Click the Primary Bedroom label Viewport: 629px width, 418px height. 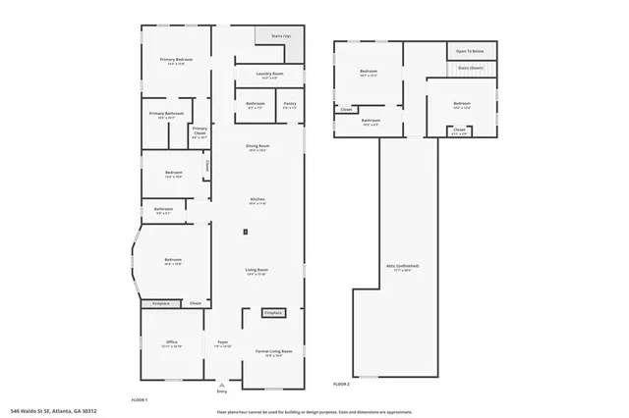[x=176, y=61]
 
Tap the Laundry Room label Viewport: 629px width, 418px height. [x=264, y=75]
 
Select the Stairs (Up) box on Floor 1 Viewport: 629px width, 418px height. [x=279, y=36]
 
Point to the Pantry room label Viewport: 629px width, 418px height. [x=289, y=104]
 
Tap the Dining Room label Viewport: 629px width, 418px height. [x=258, y=147]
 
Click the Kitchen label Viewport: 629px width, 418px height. [x=257, y=200]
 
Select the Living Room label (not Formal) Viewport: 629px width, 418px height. [x=257, y=271]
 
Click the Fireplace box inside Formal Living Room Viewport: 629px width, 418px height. [x=272, y=313]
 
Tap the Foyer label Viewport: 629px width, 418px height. [x=222, y=344]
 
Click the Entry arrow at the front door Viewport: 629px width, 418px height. [x=221, y=386]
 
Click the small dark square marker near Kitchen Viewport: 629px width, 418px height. [x=245, y=232]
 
